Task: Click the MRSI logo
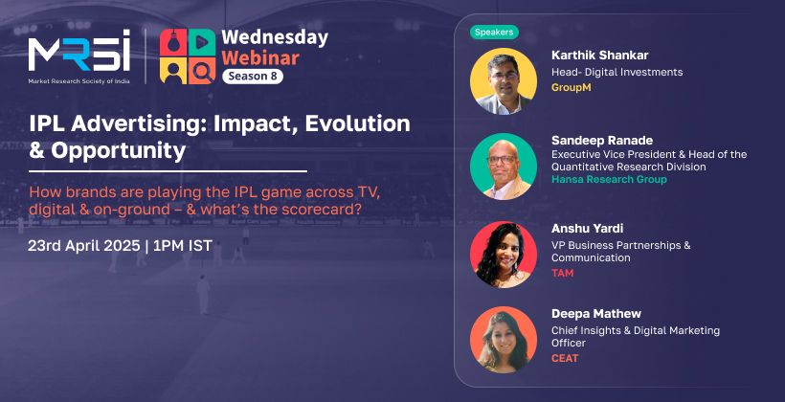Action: (79, 56)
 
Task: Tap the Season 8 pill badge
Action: (253, 77)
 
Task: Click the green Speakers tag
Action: (494, 32)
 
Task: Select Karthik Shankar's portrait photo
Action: (504, 81)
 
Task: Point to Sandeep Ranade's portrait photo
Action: (504, 167)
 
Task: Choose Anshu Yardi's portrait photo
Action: (504, 255)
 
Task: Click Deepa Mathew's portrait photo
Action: (504, 340)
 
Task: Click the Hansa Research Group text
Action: (609, 179)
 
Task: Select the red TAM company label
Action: (562, 273)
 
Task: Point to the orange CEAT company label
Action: (565, 358)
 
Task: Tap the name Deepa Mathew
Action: (596, 314)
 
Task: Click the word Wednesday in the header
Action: (275, 37)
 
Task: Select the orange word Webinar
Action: (260, 57)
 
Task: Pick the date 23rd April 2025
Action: (83, 246)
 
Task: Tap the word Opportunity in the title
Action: (118, 151)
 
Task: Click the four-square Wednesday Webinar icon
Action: (188, 56)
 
